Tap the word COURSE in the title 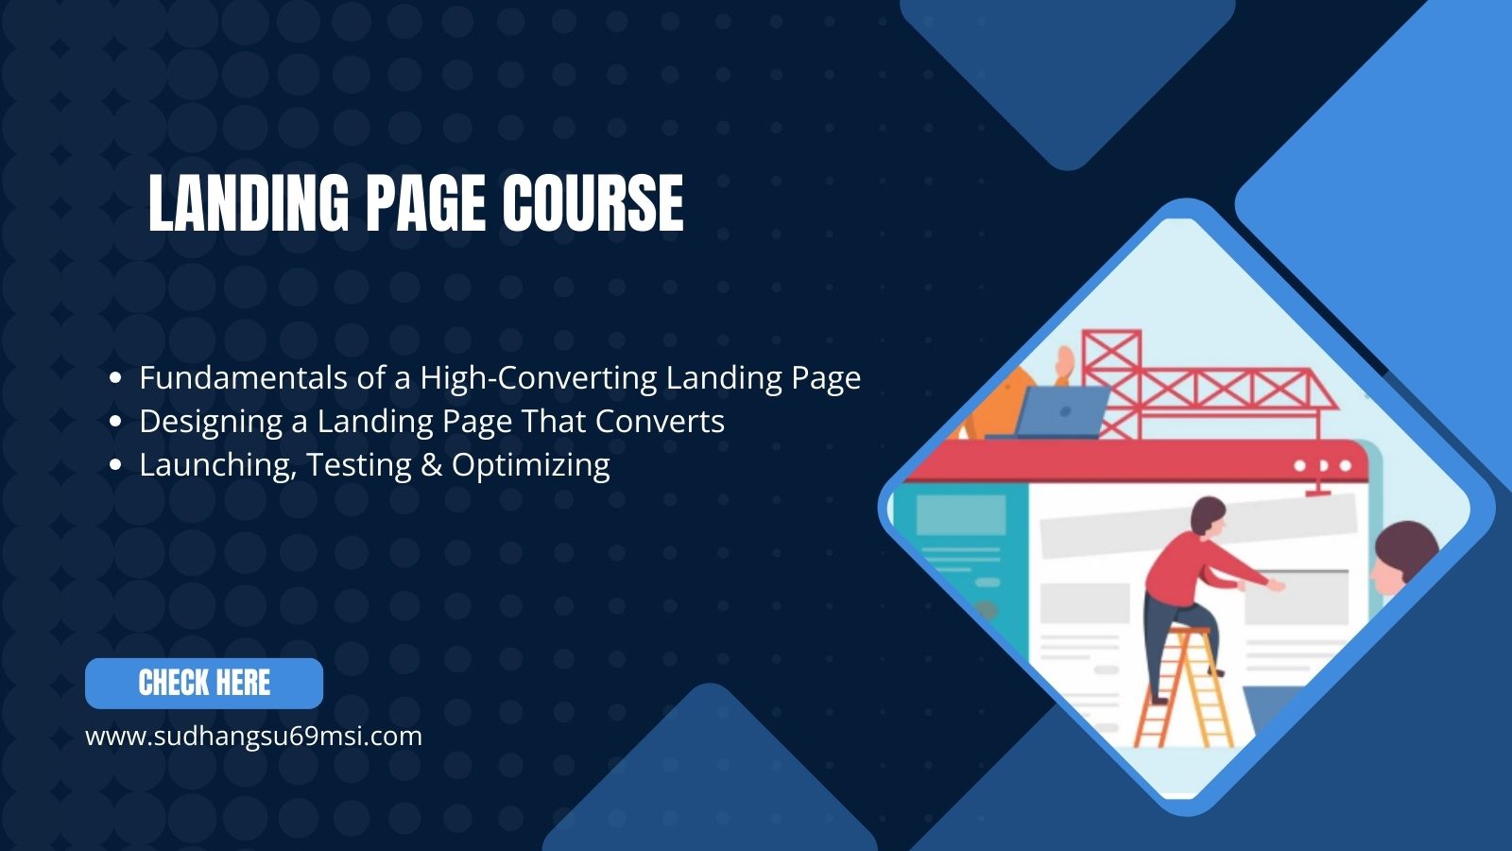coord(593,203)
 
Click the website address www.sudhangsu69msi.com coord(253,736)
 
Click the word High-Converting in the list coord(539,378)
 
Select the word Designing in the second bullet coord(211,422)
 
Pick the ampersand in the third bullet coord(432,465)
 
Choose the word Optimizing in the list coord(531,465)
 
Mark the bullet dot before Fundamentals coord(116,378)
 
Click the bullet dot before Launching coord(116,465)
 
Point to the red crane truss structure coord(1200,383)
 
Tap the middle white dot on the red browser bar coord(1322,466)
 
